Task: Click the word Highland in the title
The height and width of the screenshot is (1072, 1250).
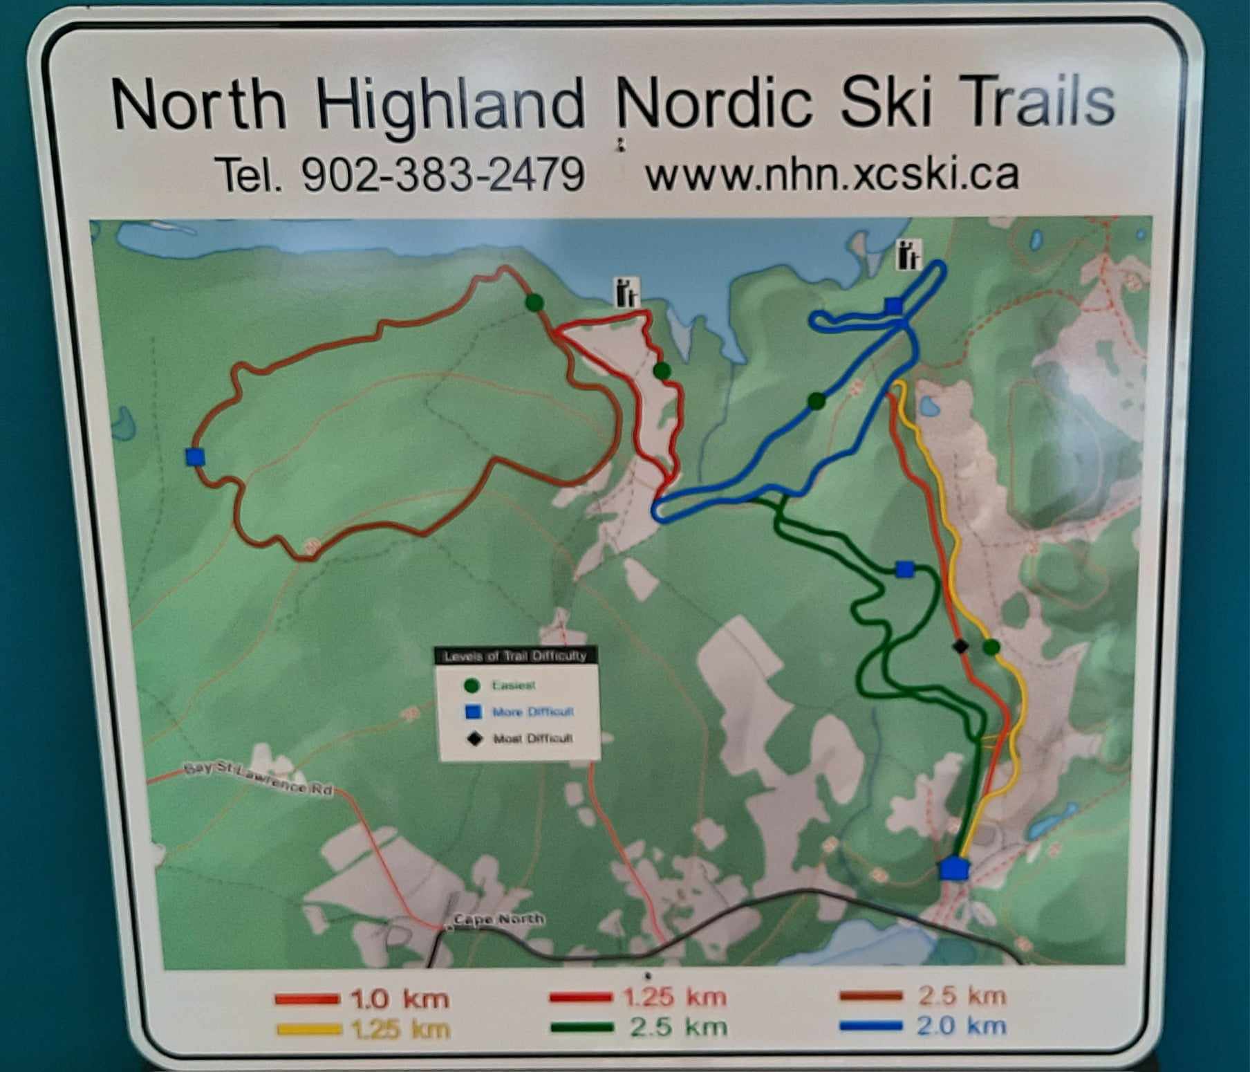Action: (x=450, y=106)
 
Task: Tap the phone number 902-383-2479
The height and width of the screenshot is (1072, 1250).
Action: (x=442, y=174)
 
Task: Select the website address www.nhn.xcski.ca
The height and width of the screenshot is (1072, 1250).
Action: (x=832, y=174)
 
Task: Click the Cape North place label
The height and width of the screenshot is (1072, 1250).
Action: (x=498, y=919)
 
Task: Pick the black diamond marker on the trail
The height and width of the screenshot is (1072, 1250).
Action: (x=960, y=647)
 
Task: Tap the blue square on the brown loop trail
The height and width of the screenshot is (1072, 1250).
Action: (x=196, y=456)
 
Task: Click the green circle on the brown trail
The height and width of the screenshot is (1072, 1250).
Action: (x=534, y=302)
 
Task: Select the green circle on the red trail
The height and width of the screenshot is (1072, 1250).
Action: (x=662, y=371)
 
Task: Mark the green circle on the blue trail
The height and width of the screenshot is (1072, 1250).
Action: (x=817, y=401)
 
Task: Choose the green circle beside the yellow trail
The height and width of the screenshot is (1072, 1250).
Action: (x=991, y=647)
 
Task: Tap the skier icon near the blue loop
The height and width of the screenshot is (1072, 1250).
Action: (x=909, y=255)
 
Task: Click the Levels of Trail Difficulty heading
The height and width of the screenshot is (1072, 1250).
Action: (x=515, y=656)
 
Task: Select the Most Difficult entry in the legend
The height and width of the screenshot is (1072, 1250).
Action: (x=532, y=739)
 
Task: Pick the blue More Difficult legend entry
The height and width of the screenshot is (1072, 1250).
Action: (x=532, y=712)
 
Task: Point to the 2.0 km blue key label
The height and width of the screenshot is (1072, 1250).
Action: (x=961, y=1026)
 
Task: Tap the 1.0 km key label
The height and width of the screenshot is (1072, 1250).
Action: (x=400, y=999)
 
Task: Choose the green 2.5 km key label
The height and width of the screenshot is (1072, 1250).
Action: (x=678, y=1027)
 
